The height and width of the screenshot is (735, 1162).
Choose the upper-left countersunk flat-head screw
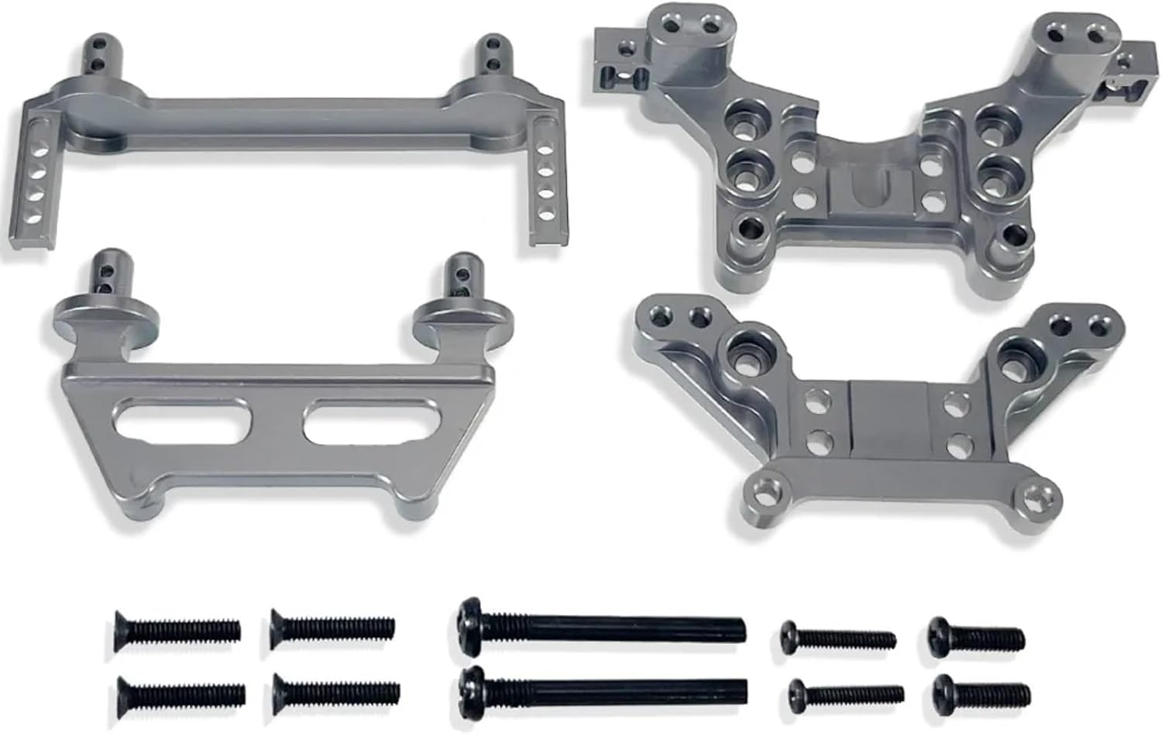pyautogui.click(x=177, y=629)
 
